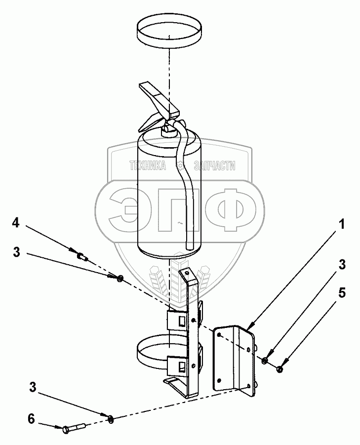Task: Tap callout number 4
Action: [x=16, y=223]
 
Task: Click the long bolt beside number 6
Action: [x=75, y=427]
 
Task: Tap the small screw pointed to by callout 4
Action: [x=82, y=256]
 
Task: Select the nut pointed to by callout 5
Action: [x=280, y=369]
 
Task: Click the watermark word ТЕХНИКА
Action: [x=147, y=167]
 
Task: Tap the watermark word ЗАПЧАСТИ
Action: [x=214, y=167]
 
